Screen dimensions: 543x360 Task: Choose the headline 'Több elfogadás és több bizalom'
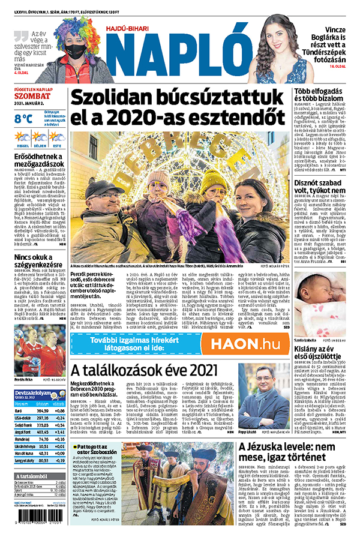(x=321, y=98)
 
